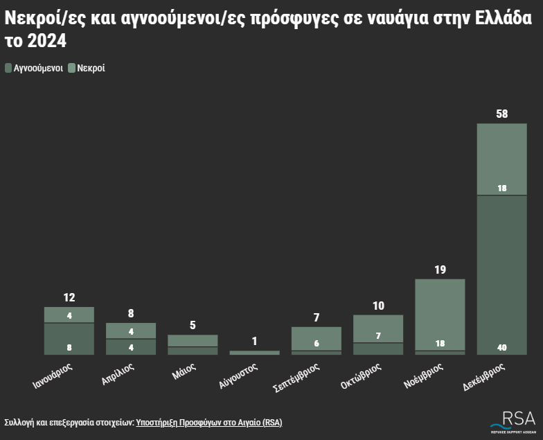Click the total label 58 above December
click(x=502, y=114)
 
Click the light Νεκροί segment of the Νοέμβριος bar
click(x=440, y=312)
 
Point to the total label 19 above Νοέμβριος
click(x=440, y=270)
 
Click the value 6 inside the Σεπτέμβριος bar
click(x=317, y=343)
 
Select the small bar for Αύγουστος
click(x=254, y=353)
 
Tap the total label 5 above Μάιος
click(x=193, y=325)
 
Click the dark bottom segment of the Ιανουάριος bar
click(x=69, y=339)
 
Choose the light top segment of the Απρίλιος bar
click(x=130, y=331)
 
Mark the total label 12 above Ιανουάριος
click(x=69, y=297)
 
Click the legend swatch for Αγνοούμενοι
click(x=8, y=68)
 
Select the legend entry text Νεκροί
click(x=91, y=68)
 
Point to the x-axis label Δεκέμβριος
click(x=485, y=375)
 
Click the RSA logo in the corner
click(x=513, y=420)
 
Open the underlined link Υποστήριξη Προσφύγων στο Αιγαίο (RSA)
click(x=208, y=422)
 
